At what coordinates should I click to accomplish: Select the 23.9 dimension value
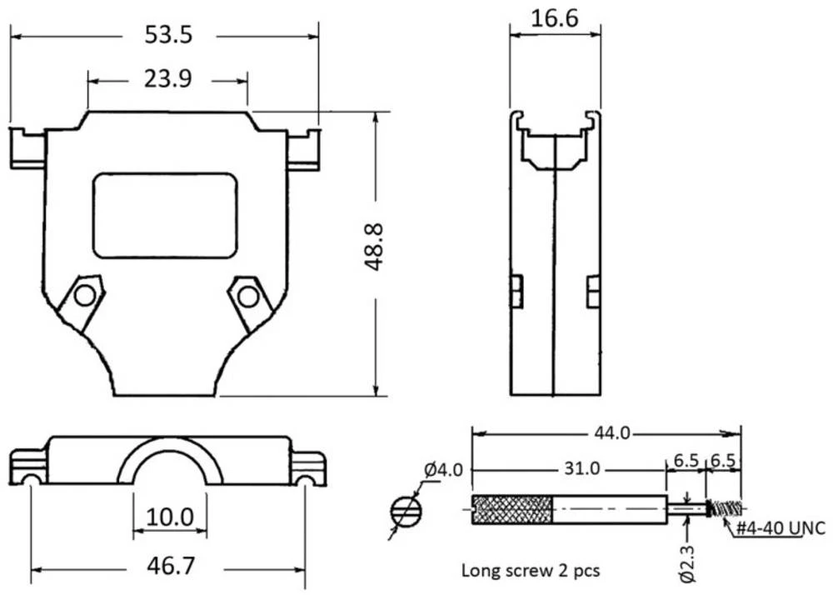tap(168, 79)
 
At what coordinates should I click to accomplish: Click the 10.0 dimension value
tap(170, 517)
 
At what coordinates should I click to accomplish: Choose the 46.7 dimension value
tap(170, 567)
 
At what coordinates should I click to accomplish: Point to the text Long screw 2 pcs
tap(531, 571)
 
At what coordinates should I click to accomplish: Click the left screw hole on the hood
tap(83, 296)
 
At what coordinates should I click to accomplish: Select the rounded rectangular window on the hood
tap(165, 215)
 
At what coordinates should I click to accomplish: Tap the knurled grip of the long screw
tap(512, 509)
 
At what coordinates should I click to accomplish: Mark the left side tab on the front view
tap(27, 149)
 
